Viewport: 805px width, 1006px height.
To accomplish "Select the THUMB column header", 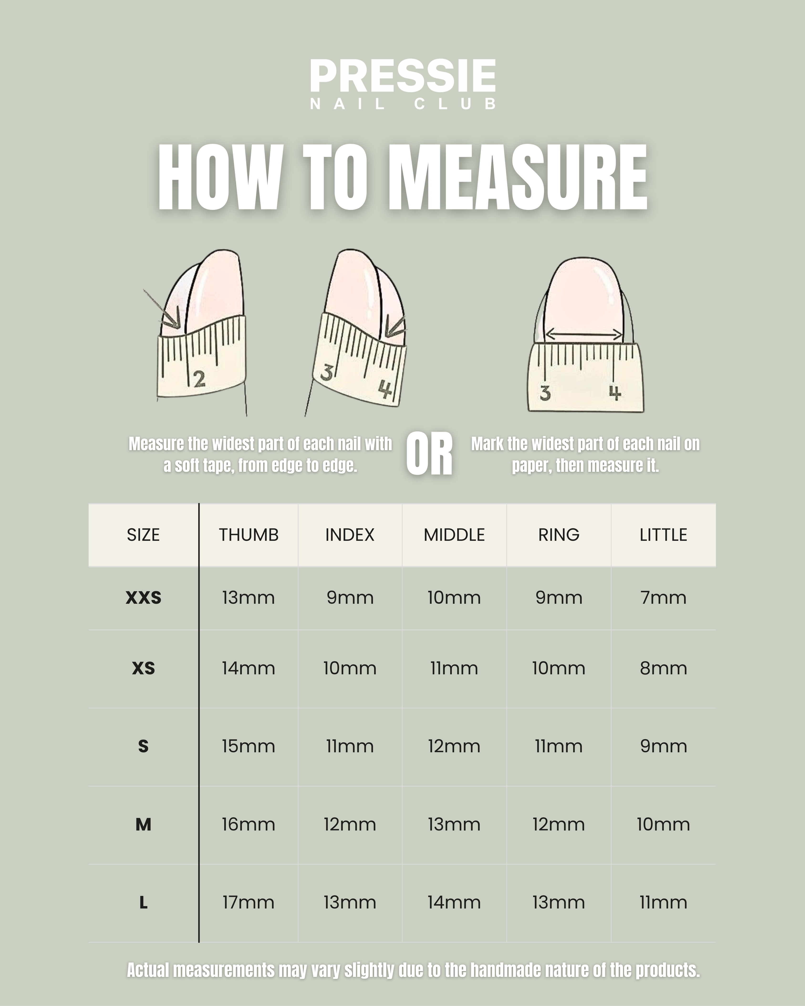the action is [x=249, y=535].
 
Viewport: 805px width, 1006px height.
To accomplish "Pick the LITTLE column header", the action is [x=663, y=535].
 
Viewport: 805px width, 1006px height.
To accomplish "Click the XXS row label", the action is [x=143, y=598].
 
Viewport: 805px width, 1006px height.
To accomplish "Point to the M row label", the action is [x=143, y=825].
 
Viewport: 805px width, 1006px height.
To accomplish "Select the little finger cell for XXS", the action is [x=663, y=598].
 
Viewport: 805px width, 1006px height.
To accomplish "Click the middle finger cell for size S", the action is [x=454, y=747].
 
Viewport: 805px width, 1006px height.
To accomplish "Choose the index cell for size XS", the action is [x=350, y=669].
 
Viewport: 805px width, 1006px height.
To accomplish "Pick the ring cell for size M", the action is [x=559, y=825].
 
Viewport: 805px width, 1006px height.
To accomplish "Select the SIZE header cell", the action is [x=143, y=535].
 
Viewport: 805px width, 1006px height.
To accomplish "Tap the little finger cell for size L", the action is [x=663, y=903].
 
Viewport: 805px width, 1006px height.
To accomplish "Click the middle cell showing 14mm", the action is [x=454, y=903].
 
